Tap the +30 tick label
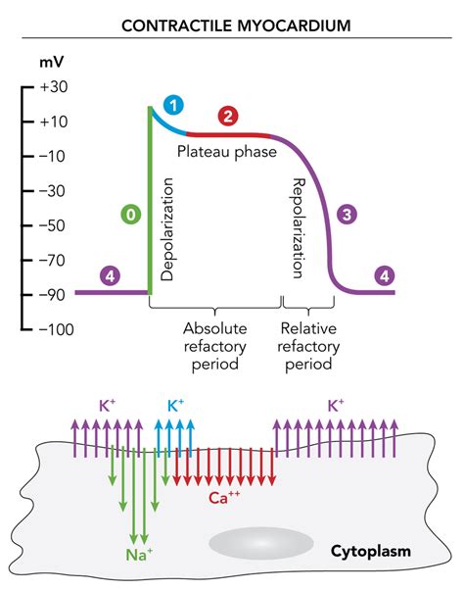[53, 86]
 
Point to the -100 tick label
[51, 329]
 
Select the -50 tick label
[52, 225]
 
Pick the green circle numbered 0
[129, 212]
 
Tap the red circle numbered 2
[227, 118]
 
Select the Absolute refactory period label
[215, 346]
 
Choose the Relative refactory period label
[310, 346]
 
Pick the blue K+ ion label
[177, 404]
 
